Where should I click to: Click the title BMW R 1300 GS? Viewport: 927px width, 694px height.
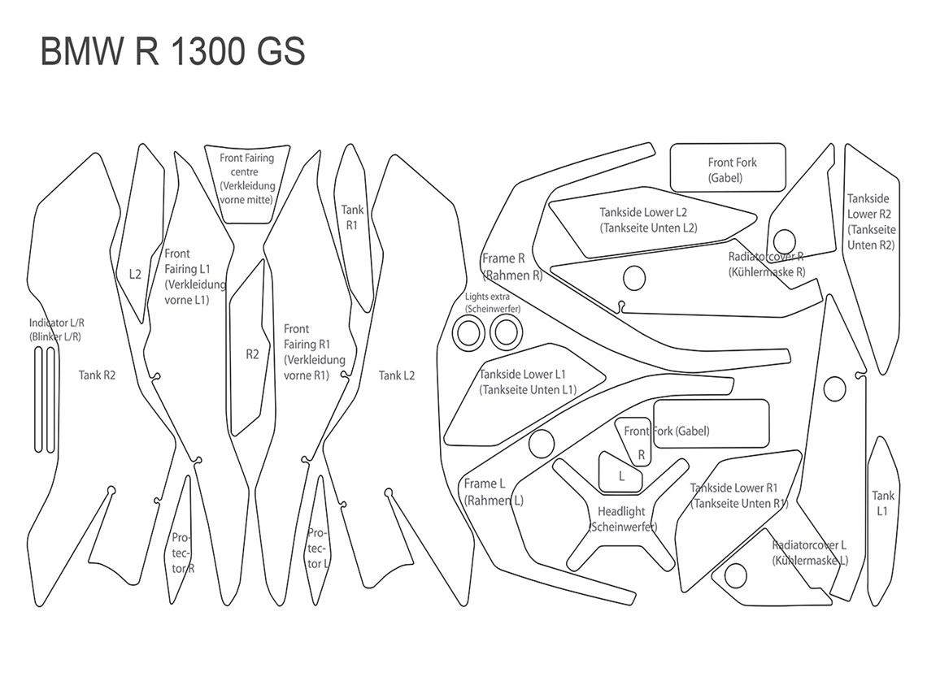pyautogui.click(x=172, y=52)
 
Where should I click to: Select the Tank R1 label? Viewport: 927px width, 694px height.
pyautogui.click(x=352, y=217)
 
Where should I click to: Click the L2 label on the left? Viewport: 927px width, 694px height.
pyautogui.click(x=135, y=274)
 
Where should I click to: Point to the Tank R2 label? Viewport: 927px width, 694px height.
pyautogui.click(x=97, y=375)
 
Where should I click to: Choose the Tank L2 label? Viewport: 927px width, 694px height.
pyautogui.click(x=397, y=375)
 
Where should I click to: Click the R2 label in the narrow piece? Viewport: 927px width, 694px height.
pyautogui.click(x=252, y=354)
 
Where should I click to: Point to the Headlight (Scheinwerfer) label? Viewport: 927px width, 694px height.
pyautogui.click(x=622, y=519)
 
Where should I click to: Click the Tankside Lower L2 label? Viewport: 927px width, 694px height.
pyautogui.click(x=648, y=219)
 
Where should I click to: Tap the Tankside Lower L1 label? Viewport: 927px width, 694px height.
pyautogui.click(x=528, y=382)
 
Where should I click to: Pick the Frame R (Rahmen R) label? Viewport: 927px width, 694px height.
pyautogui.click(x=511, y=267)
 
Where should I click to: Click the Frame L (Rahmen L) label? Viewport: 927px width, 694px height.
pyautogui.click(x=494, y=492)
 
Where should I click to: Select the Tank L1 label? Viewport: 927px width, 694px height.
pyautogui.click(x=883, y=502)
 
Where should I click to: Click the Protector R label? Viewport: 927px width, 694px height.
pyautogui.click(x=182, y=553)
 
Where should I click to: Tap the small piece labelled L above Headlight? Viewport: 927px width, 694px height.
pyautogui.click(x=622, y=477)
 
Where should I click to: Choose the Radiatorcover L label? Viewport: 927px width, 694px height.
pyautogui.click(x=809, y=553)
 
